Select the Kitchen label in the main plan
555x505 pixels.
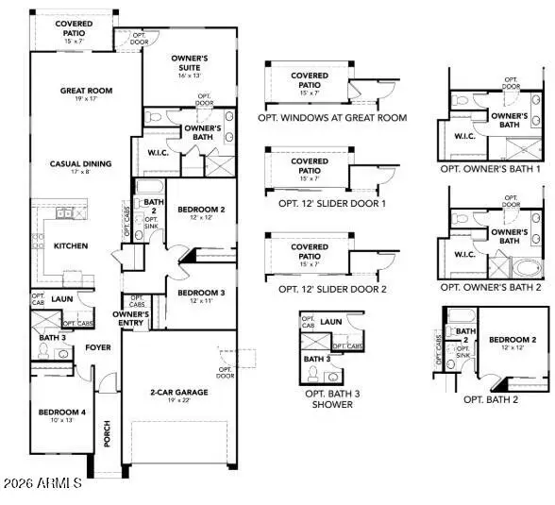[70, 246]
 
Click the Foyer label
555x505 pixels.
[99, 347]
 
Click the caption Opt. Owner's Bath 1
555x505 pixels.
[490, 169]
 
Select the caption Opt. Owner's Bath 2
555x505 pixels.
[490, 286]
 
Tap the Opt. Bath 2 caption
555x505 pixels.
[491, 399]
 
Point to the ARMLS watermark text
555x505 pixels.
[43, 484]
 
